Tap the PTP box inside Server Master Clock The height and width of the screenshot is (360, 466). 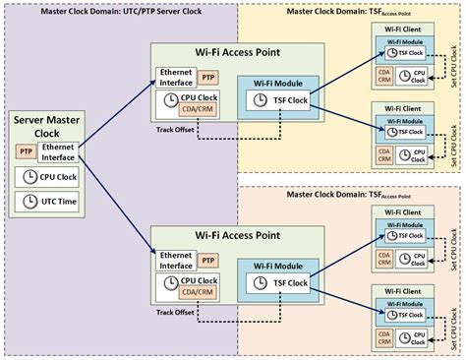pyautogui.click(x=26, y=151)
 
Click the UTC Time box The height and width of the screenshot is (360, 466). pyautogui.click(x=45, y=203)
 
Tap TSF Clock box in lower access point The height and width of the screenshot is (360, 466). pyautogui.click(x=279, y=283)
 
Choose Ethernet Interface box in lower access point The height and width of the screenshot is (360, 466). pyautogui.click(x=175, y=261)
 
